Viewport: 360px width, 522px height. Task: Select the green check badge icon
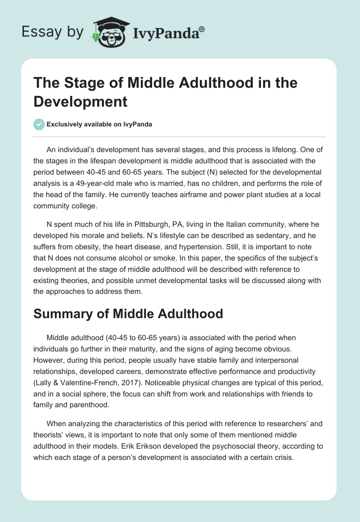[39, 125]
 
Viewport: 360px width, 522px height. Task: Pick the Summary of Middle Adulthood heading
[128, 314]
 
